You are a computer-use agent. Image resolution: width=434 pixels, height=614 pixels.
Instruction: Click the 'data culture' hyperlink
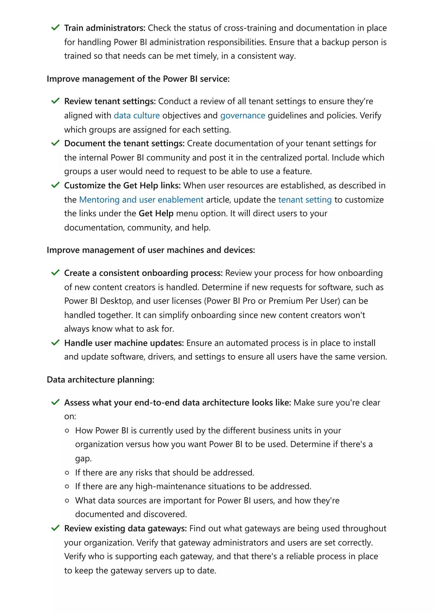(x=137, y=115)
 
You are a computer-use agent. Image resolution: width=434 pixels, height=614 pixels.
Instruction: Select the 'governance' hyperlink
(x=243, y=115)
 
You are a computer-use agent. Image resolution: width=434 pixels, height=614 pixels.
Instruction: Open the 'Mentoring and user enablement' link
(x=141, y=200)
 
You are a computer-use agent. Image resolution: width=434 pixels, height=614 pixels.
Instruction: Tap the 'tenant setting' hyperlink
(x=305, y=200)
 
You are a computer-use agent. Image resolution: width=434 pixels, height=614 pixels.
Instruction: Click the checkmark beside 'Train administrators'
(x=55, y=28)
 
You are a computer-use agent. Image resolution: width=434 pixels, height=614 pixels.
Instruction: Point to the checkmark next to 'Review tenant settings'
(x=55, y=101)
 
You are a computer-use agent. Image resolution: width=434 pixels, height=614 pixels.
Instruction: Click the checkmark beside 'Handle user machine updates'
(x=55, y=343)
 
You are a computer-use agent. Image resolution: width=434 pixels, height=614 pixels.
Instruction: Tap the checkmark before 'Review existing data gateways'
(x=55, y=528)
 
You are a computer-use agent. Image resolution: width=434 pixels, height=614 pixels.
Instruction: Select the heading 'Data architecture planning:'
(x=100, y=379)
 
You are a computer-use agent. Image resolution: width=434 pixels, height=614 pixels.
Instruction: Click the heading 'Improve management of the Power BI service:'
(x=138, y=79)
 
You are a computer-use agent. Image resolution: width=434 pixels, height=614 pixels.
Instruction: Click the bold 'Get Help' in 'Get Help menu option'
(x=156, y=213)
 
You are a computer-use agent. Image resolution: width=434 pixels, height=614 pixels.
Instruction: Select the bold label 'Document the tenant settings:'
(x=124, y=143)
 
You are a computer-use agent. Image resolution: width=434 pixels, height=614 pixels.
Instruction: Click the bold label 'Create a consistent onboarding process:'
(x=143, y=273)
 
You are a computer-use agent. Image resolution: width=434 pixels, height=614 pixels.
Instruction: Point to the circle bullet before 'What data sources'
(x=67, y=500)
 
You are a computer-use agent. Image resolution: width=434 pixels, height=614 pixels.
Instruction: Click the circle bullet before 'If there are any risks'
(x=67, y=472)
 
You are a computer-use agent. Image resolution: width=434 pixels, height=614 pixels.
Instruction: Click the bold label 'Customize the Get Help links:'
(x=122, y=185)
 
